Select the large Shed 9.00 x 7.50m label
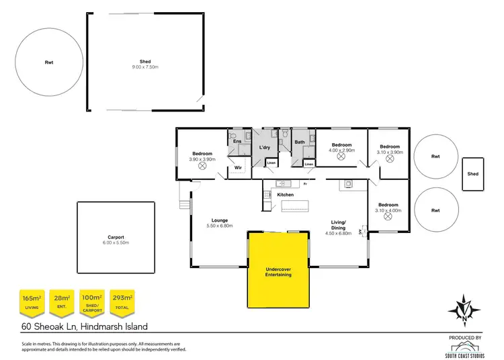click(145, 64)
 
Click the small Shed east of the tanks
click(473, 174)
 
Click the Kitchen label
click(286, 195)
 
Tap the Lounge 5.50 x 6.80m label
click(219, 223)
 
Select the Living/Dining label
click(337, 226)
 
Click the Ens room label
click(237, 142)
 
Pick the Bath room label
click(300, 142)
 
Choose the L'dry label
click(264, 147)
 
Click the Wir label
click(238, 168)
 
